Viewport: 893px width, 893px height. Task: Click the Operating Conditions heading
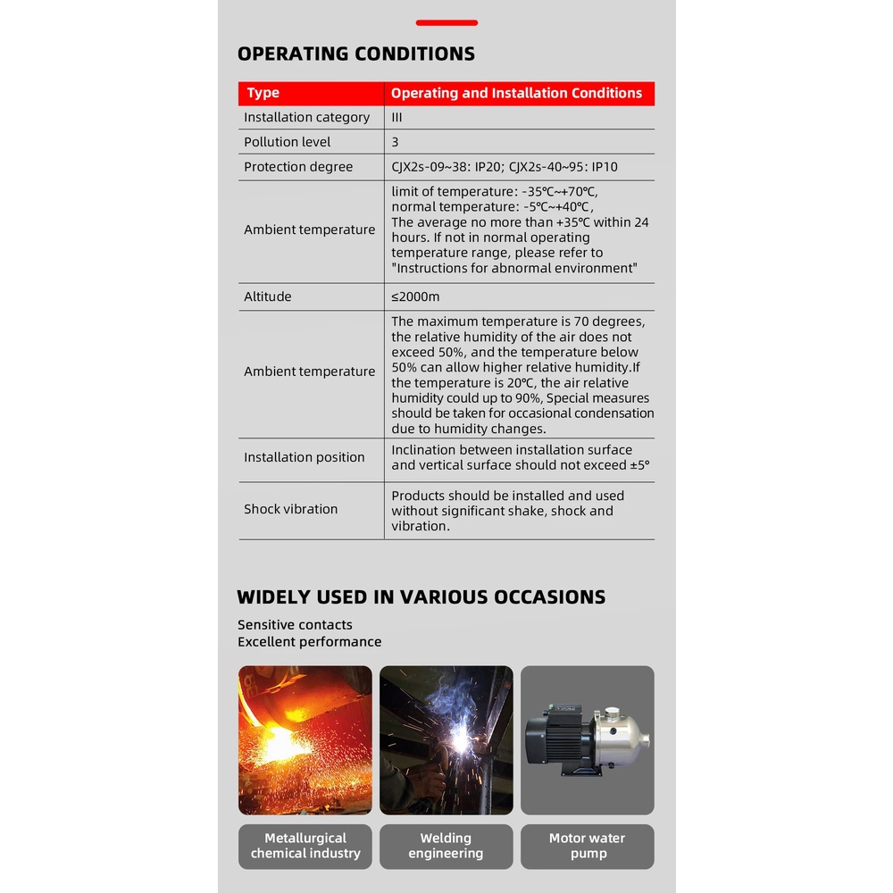[x=355, y=54]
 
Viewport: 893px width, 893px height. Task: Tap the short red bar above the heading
[x=446, y=22]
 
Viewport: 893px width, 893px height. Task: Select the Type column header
[x=263, y=93]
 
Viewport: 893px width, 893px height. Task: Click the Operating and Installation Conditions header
[x=516, y=93]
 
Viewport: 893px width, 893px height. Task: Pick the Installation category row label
[x=306, y=117]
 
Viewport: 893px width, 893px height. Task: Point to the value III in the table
[x=396, y=117]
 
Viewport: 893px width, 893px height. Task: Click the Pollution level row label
[x=287, y=142]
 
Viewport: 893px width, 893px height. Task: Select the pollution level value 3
[x=395, y=142]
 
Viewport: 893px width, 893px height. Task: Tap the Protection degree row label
[x=298, y=167]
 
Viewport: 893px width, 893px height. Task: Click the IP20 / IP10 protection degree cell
[x=505, y=167]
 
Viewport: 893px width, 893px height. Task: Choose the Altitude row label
[x=268, y=296]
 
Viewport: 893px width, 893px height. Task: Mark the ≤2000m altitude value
[x=415, y=296]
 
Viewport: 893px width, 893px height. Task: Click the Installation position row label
[x=305, y=457]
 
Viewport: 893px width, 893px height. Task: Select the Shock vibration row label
[x=291, y=509]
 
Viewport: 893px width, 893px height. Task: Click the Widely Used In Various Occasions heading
[x=421, y=597]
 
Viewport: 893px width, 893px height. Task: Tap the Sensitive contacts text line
[x=295, y=625]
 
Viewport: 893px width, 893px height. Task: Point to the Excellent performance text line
[x=309, y=642]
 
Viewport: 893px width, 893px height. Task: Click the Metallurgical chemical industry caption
[x=305, y=846]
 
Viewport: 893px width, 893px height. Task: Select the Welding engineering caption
[x=446, y=846]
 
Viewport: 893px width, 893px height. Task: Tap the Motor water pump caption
[x=587, y=846]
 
